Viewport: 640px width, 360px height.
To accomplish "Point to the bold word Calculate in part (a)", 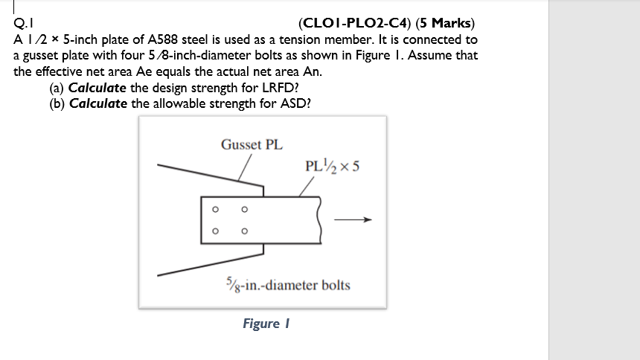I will (x=97, y=88).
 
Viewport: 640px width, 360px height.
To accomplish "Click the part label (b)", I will (x=57, y=103).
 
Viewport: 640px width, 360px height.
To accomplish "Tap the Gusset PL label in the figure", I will (x=252, y=144).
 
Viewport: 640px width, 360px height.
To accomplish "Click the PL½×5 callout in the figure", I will (x=333, y=165).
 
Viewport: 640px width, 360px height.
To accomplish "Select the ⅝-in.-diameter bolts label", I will (x=287, y=285).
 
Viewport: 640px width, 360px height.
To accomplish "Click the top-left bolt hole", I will (x=215, y=209).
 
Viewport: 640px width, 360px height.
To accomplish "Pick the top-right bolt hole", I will (x=244, y=209).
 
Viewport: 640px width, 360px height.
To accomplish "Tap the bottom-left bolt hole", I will (x=215, y=231).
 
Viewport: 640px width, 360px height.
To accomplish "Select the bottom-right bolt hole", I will (x=244, y=231).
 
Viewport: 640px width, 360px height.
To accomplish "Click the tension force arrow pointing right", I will (x=351, y=219).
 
